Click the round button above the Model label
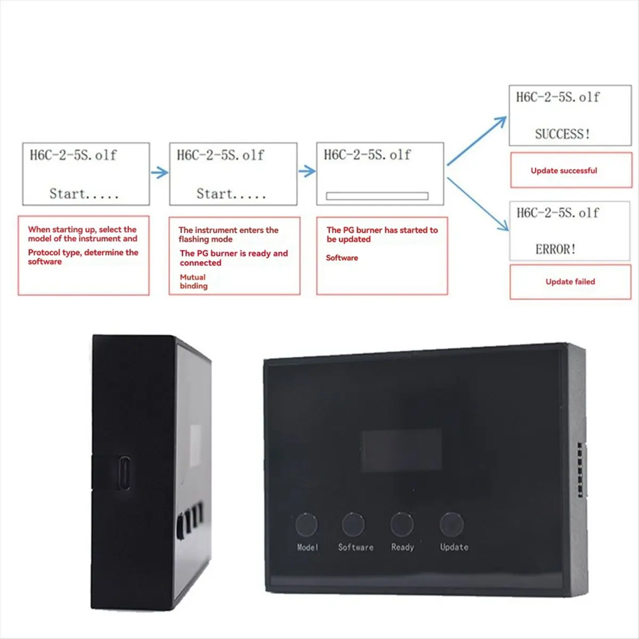tap(307, 525)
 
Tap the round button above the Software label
tap(354, 525)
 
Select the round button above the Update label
tap(452, 525)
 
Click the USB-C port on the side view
tap(125, 472)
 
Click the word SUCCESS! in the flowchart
tap(562, 134)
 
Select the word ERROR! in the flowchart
tap(555, 249)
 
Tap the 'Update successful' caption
tap(564, 171)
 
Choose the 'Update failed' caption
tap(570, 282)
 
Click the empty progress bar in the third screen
tap(377, 196)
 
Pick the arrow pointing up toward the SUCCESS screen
tap(477, 141)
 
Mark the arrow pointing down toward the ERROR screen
tap(478, 204)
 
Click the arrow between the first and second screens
tap(159, 173)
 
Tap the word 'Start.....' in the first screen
tap(84, 194)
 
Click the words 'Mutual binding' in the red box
tap(193, 282)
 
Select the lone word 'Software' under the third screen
tap(342, 258)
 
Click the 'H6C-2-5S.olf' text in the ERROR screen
tap(558, 213)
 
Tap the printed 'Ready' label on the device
tap(402, 547)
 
